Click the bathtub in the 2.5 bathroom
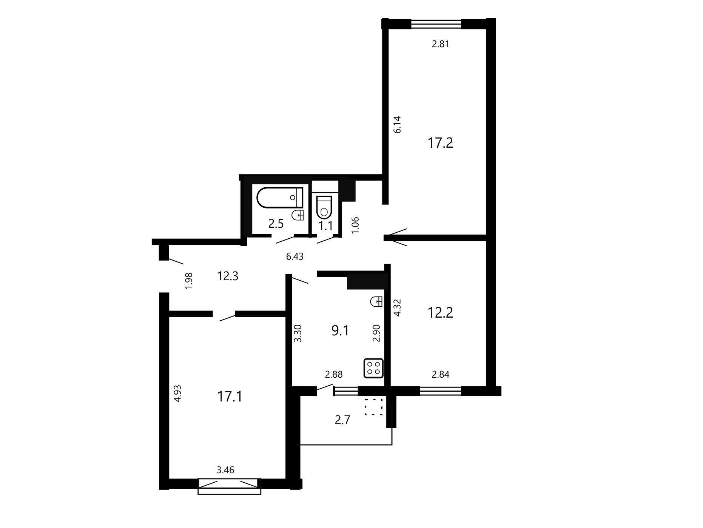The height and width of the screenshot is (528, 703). pos(280,197)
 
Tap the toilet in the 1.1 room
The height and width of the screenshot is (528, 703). pos(324,207)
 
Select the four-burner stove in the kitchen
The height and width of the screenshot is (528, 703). pos(373,368)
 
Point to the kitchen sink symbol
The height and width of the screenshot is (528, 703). pos(377,301)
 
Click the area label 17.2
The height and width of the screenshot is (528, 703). pos(440,143)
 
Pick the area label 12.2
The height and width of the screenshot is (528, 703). pos(440,313)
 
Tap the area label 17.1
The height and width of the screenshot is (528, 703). pos(230,397)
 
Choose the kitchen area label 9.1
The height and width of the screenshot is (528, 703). pos(340,331)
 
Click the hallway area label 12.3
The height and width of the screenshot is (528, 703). pos(228,276)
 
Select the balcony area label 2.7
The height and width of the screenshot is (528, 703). pos(342,420)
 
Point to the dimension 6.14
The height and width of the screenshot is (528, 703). pos(397,125)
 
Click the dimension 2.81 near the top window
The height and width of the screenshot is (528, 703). pos(441,44)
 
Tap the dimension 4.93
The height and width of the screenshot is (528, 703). pos(177,394)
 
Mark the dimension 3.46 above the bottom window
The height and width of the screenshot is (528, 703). pos(225,470)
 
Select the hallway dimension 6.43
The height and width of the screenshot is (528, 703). pos(295,257)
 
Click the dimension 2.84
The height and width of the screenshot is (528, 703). pos(441,375)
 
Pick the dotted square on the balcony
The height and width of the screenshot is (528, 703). pos(374,407)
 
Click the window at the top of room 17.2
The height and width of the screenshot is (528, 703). pos(436,24)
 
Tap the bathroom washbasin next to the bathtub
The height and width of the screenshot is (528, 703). pos(298,215)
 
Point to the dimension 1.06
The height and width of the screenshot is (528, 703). pos(355,225)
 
